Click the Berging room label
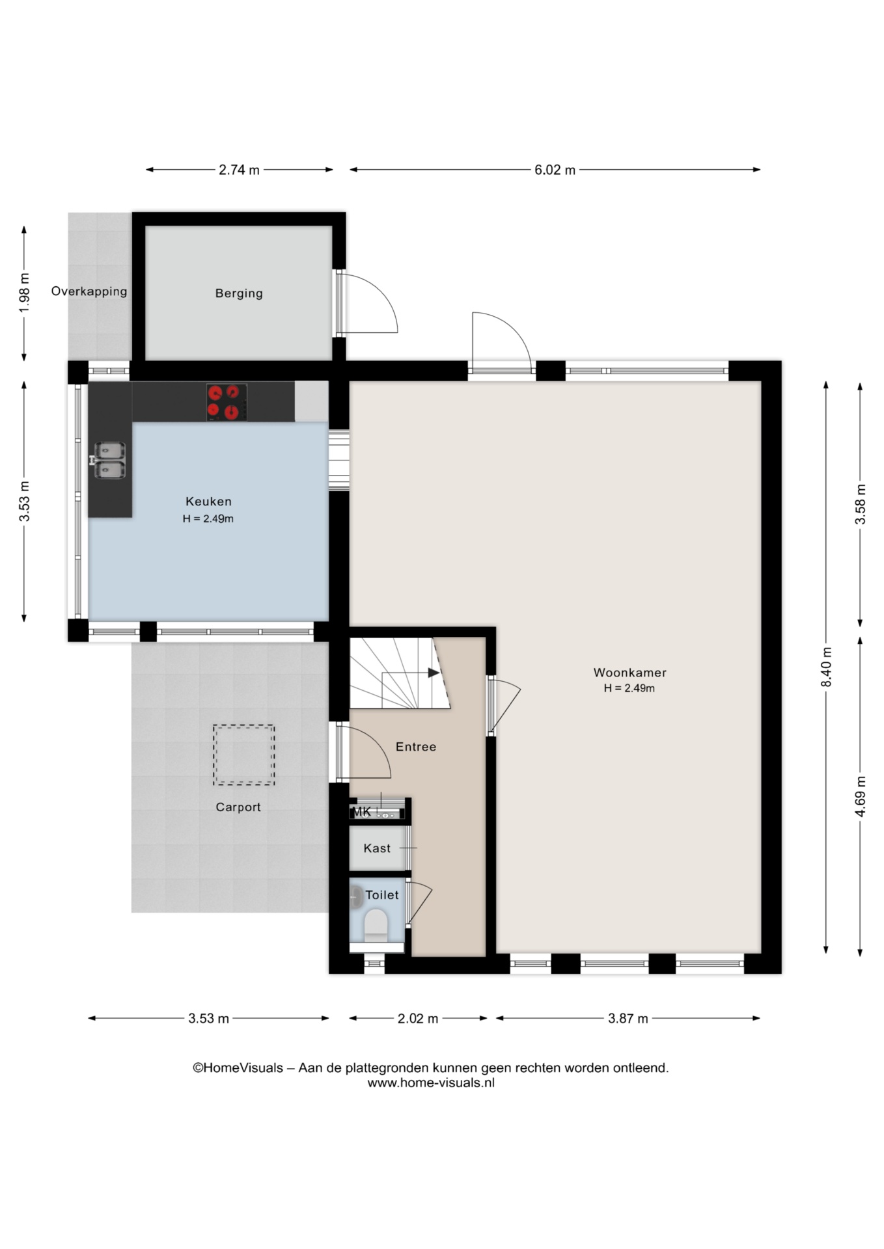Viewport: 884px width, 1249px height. tap(239, 293)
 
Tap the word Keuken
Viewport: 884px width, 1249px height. tap(208, 502)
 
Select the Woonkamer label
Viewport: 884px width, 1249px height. tap(629, 673)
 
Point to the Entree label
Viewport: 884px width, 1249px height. tap(416, 747)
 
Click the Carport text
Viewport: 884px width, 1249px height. tap(238, 807)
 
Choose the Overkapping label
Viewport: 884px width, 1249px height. tap(89, 291)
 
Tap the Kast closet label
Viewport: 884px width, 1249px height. tap(377, 848)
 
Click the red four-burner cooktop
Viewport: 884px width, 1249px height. tap(227, 402)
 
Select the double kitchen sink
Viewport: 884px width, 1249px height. tap(109, 460)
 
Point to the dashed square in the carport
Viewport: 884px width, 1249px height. tap(243, 755)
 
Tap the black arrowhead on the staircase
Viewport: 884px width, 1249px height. tap(434, 673)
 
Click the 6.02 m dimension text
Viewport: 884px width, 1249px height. tap(555, 170)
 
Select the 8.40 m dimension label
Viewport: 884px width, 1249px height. tap(826, 667)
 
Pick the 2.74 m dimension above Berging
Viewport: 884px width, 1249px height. tap(239, 170)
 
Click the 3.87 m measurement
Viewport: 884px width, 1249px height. tap(628, 1019)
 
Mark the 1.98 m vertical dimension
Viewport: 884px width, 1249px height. tap(25, 292)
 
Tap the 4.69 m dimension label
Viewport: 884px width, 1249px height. tap(860, 796)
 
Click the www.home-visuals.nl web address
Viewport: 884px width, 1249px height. tap(431, 1083)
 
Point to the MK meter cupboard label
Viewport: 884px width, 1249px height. tap(361, 812)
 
